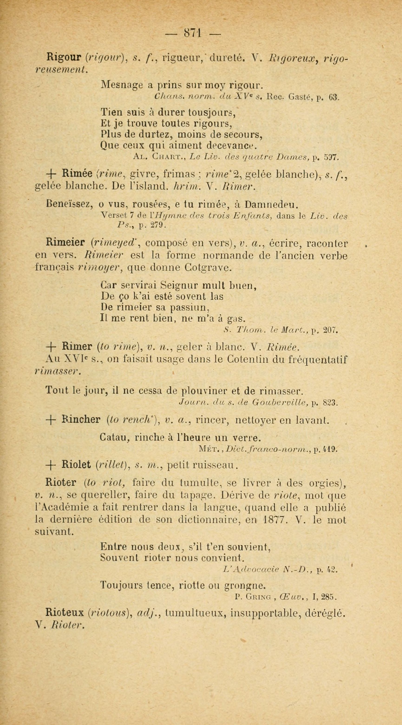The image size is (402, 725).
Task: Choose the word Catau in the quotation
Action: [115, 438]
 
